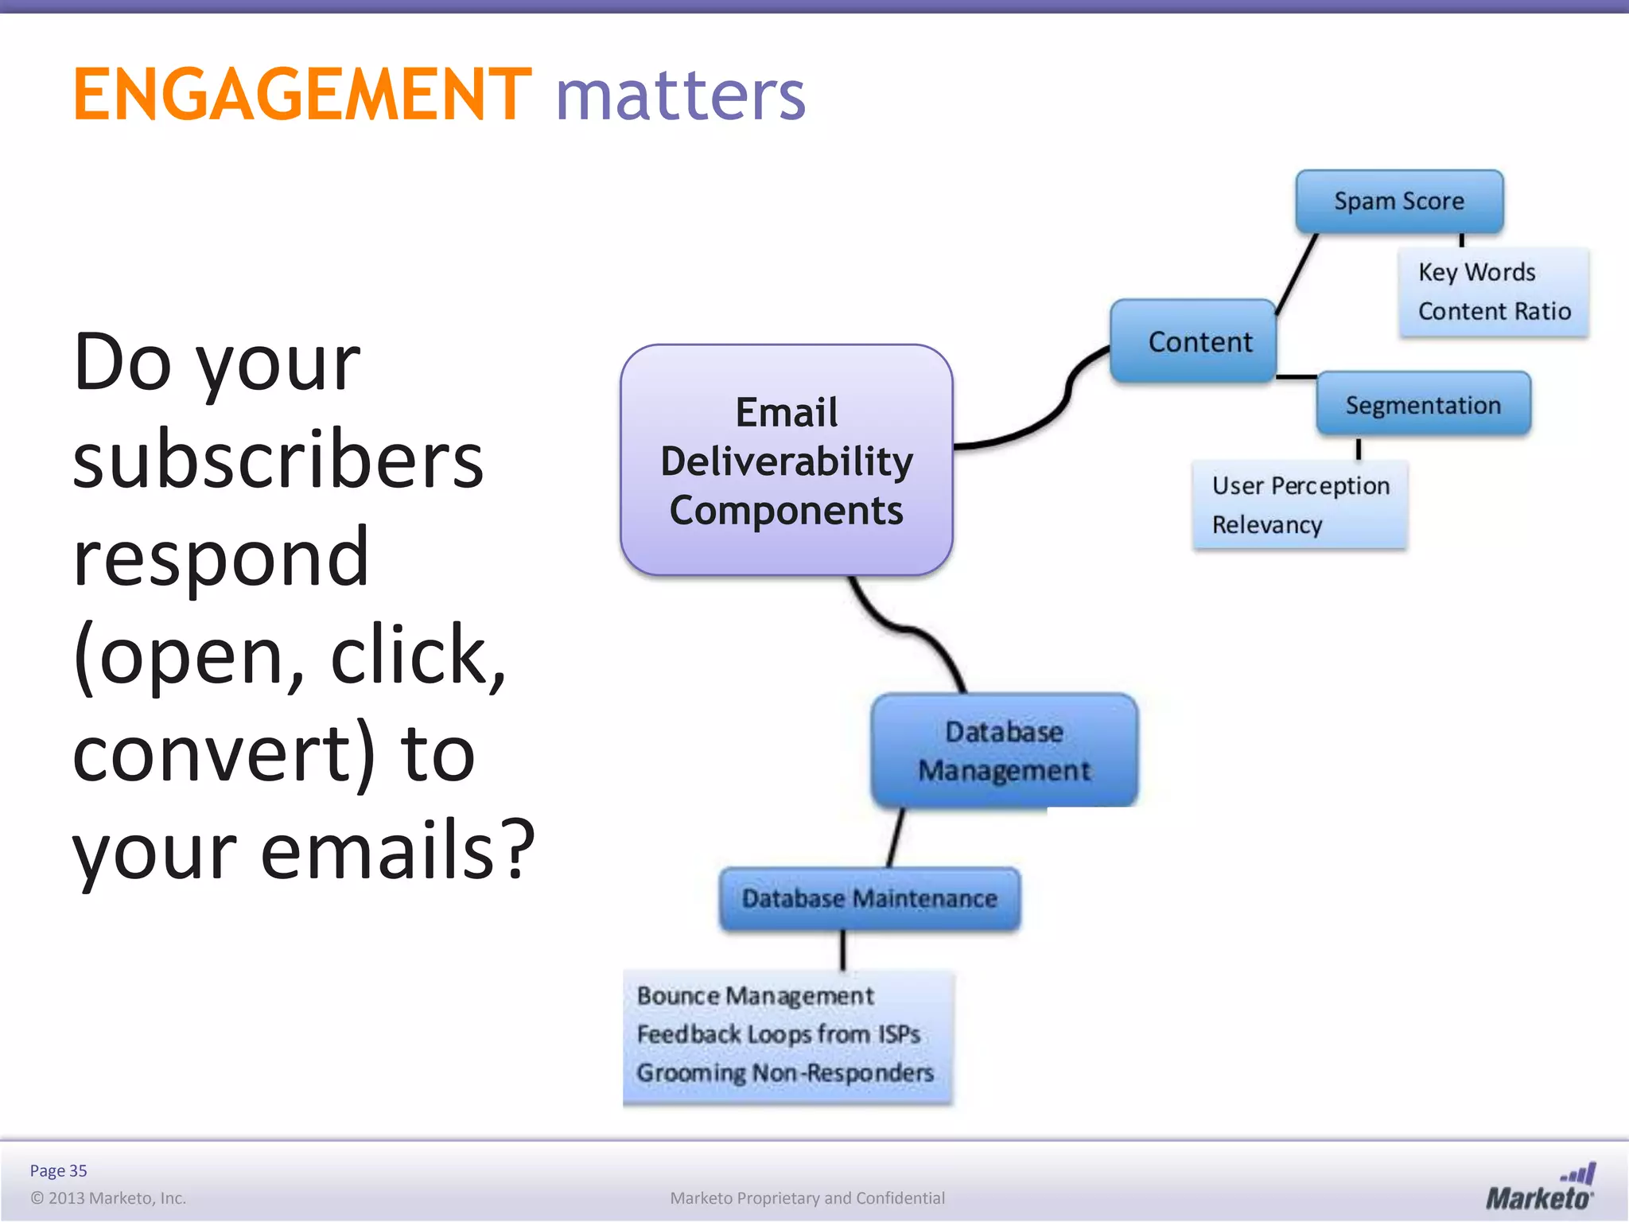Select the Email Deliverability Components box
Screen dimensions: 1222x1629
click(x=786, y=461)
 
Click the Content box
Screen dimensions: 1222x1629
click(x=1194, y=342)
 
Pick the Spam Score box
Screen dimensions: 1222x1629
click(x=1398, y=201)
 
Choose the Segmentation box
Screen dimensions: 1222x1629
click(x=1423, y=405)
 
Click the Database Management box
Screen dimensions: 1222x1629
click(x=1004, y=751)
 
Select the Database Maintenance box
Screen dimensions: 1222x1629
click(x=869, y=899)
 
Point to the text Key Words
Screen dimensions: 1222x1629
click(x=1476, y=272)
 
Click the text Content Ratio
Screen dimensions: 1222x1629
click(x=1494, y=311)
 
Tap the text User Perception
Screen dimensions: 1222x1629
click(x=1300, y=485)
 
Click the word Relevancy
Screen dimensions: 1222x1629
click(x=1266, y=525)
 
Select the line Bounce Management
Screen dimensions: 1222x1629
click(x=755, y=996)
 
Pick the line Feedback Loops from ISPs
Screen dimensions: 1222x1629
click(x=778, y=1034)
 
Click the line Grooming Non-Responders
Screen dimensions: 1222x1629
click(x=784, y=1073)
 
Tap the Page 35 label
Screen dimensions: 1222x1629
click(x=58, y=1170)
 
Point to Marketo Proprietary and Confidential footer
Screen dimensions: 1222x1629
click(x=807, y=1198)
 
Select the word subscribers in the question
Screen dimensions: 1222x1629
click(x=278, y=461)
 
